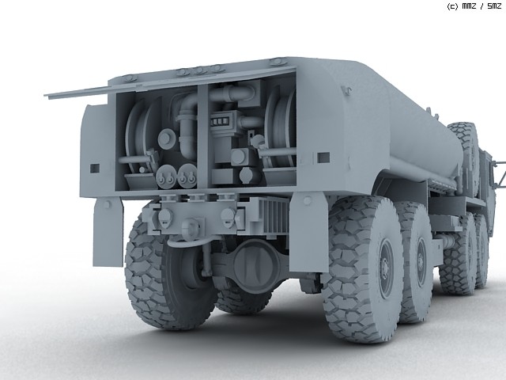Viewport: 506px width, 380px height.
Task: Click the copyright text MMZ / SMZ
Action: [x=474, y=6]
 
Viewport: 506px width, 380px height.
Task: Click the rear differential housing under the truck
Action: [x=255, y=264]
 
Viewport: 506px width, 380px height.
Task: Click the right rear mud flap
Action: [x=304, y=232]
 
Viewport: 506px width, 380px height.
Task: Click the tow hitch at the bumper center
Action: [x=191, y=227]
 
